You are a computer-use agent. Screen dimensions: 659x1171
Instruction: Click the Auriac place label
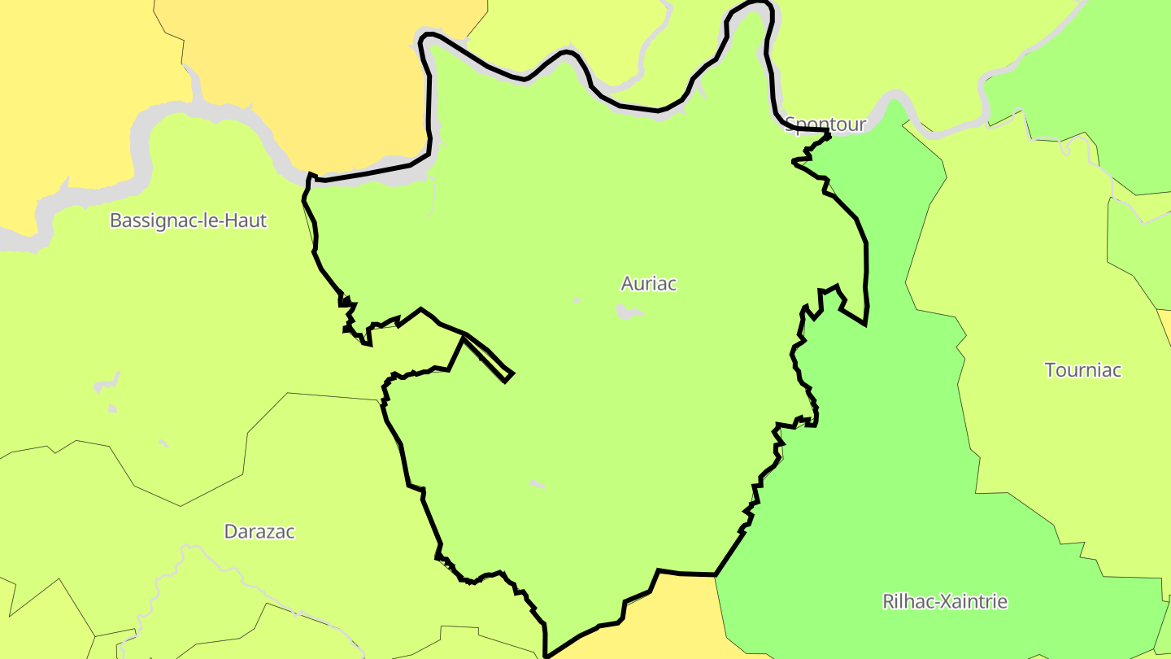tap(648, 283)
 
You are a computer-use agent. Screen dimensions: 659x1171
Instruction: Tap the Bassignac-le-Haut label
tap(188, 220)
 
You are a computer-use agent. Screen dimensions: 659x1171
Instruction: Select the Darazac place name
tap(259, 531)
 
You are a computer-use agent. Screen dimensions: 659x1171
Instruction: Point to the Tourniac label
tap(1082, 370)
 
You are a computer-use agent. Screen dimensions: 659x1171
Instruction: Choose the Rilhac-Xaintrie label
tap(944, 601)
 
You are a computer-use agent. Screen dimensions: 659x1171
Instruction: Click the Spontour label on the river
tap(825, 124)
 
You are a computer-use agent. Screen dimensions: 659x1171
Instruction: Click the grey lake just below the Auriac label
tap(628, 312)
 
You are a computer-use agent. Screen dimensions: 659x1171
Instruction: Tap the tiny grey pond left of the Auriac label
tap(577, 300)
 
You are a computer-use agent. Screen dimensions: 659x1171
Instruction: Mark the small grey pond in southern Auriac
tap(536, 484)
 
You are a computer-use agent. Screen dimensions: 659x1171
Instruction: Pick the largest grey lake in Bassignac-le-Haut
tap(107, 382)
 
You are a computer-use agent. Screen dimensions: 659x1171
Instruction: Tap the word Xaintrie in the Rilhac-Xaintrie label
tap(973, 601)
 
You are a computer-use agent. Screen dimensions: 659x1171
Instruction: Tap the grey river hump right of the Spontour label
tap(895, 106)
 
